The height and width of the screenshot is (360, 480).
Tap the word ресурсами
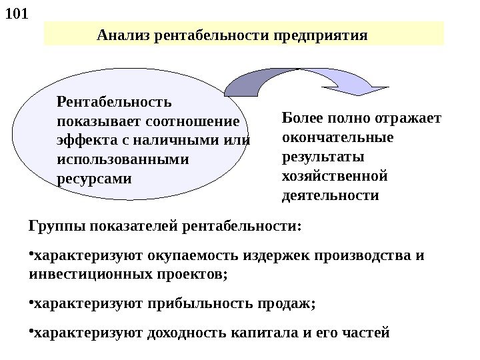click(95, 179)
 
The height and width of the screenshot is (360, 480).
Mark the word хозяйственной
click(335, 177)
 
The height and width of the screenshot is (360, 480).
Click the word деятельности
click(331, 197)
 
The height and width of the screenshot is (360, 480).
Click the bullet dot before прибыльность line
click(31, 303)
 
